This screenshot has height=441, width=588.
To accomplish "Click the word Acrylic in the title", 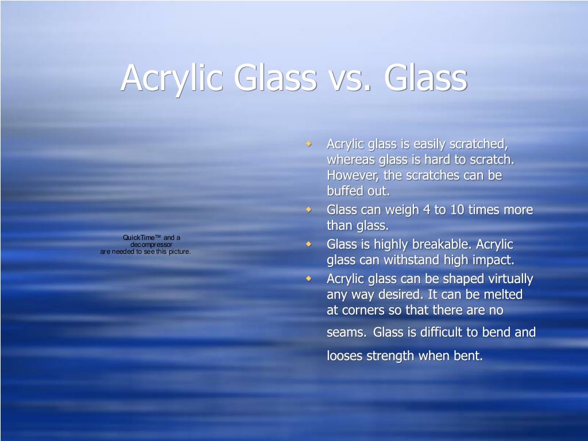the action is pyautogui.click(x=172, y=78).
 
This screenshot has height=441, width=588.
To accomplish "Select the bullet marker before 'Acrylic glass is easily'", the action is pyautogui.click(x=308, y=143).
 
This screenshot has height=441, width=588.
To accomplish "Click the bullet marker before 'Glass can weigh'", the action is pyautogui.click(x=308, y=209).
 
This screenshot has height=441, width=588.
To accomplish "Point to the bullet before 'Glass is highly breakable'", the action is pyautogui.click(x=308, y=243).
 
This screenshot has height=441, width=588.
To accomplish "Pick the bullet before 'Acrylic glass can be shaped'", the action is pyautogui.click(x=308, y=278).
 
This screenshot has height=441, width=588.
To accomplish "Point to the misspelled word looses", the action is pyautogui.click(x=345, y=355).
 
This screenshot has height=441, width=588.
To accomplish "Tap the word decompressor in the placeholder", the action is pyautogui.click(x=151, y=245).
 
